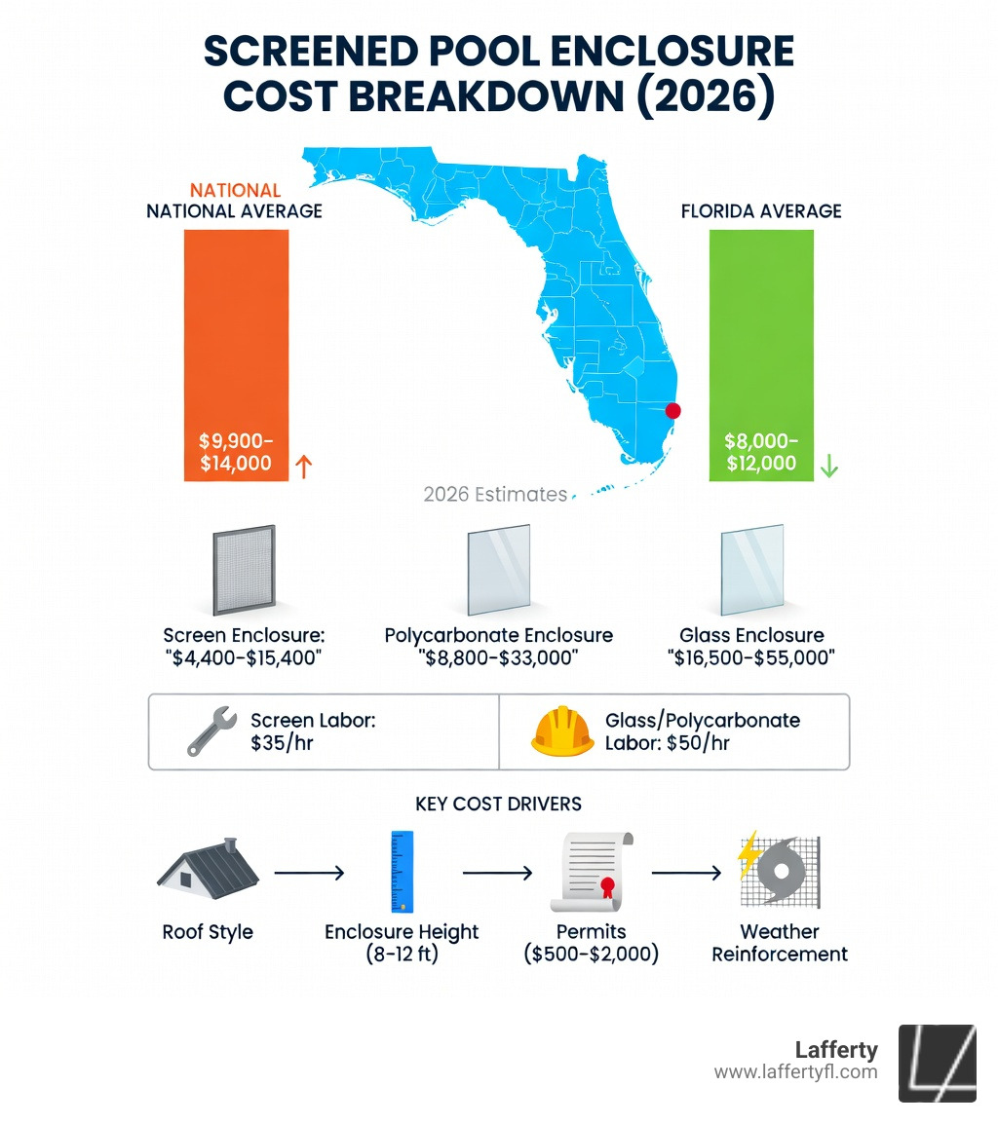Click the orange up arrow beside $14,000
pyautogui.click(x=303, y=467)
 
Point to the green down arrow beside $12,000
pyautogui.click(x=829, y=467)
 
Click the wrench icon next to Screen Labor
pyautogui.click(x=211, y=731)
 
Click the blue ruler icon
pyautogui.click(x=402, y=871)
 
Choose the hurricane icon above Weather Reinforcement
pyautogui.click(x=780, y=871)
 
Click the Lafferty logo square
pyautogui.click(x=937, y=1062)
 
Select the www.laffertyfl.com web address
pyautogui.click(x=795, y=1072)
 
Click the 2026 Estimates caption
pyautogui.click(x=495, y=495)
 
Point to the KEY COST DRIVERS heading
pyautogui.click(x=498, y=804)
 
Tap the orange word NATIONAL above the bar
pyautogui.click(x=235, y=191)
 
